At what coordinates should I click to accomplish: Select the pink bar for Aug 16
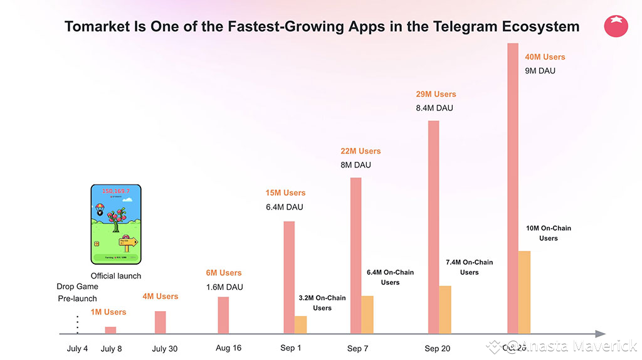tap(223, 315)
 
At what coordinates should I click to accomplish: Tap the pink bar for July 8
tap(110, 330)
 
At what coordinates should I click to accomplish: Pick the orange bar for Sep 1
tap(300, 324)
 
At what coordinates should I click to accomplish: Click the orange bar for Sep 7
tap(367, 314)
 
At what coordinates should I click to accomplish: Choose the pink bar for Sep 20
tap(433, 226)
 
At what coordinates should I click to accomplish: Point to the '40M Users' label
tap(545, 57)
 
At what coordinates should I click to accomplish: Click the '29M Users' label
tap(436, 94)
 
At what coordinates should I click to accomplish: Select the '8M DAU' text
tap(355, 165)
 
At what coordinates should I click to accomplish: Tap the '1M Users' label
tap(108, 312)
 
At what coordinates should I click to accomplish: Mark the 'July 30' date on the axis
tap(165, 349)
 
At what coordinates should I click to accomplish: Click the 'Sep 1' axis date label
tap(290, 348)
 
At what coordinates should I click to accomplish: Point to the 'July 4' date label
tap(78, 349)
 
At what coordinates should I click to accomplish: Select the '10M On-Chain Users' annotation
tap(548, 233)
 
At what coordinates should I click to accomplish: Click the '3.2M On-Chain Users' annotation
tap(322, 303)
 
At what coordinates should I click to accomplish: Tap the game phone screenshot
tap(116, 224)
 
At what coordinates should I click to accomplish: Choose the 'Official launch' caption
tap(116, 276)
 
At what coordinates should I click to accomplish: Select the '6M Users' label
tap(224, 273)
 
